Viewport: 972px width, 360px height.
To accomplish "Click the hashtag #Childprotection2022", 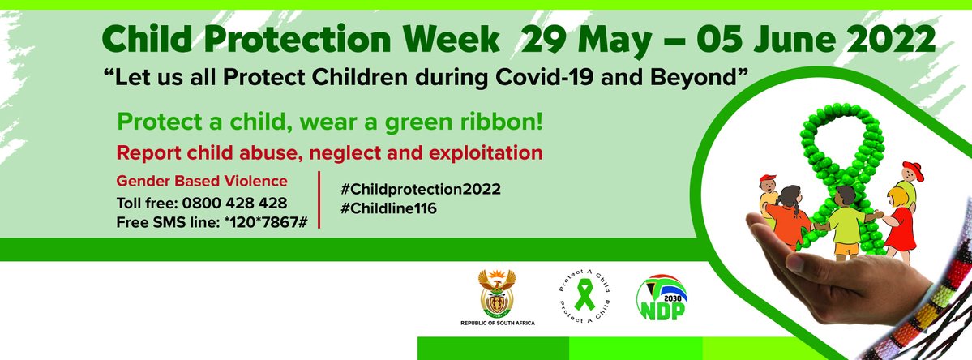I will pyautogui.click(x=421, y=189).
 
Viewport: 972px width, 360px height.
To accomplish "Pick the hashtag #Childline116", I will pyautogui.click(x=389, y=208).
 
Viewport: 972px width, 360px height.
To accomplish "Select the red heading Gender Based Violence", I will pyautogui.click(x=202, y=181).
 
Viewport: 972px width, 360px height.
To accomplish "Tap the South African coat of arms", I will pyautogui.click(x=497, y=294).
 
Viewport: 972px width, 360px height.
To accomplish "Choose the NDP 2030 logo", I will pyautogui.click(x=660, y=297).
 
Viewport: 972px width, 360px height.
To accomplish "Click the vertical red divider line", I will pyautogui.click(x=320, y=199).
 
